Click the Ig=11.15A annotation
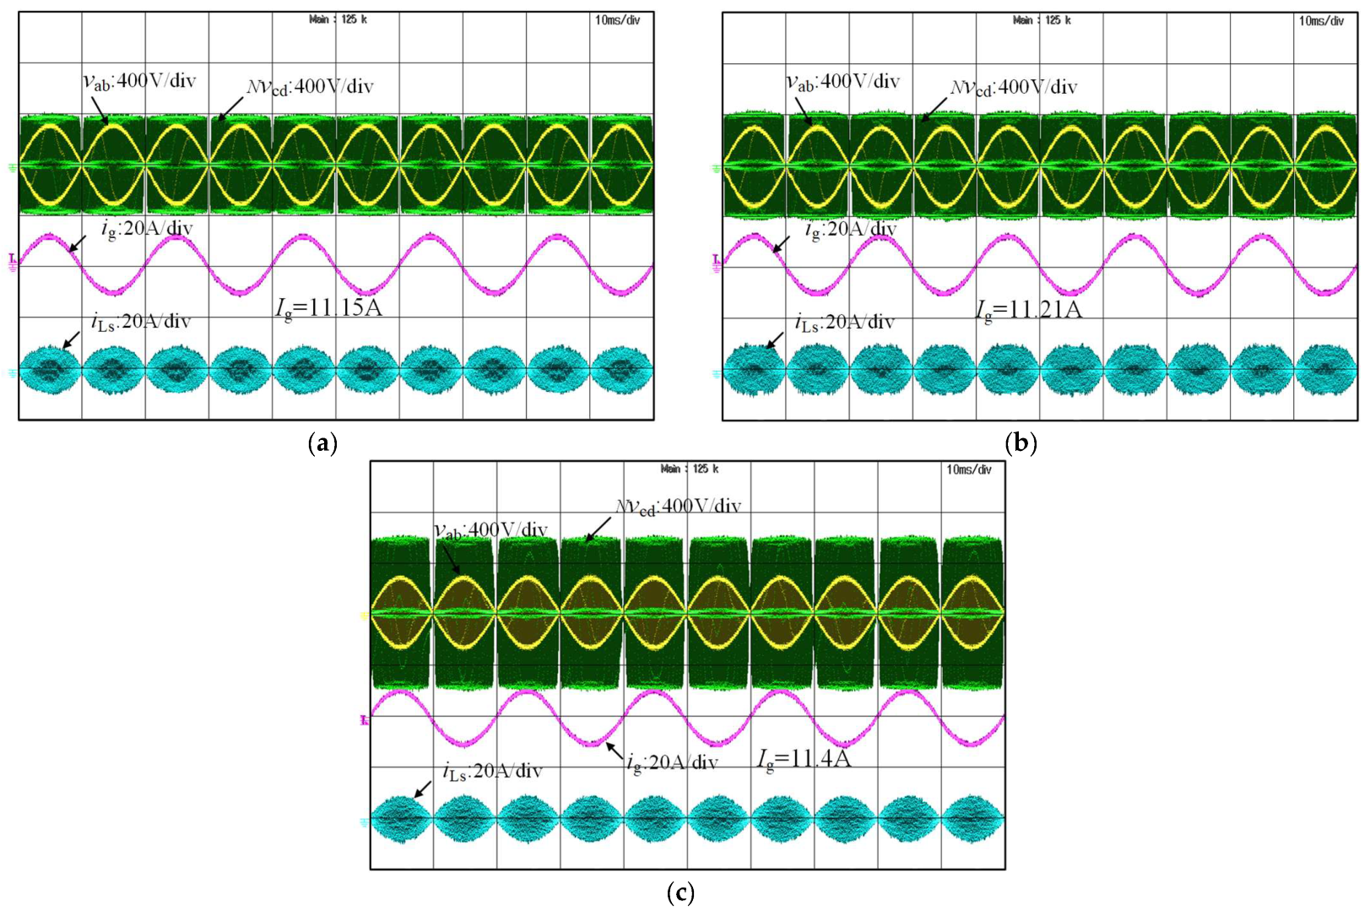tap(328, 307)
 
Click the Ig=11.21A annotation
tap(1028, 310)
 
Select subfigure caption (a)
tap(323, 442)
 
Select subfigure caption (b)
tap(1021, 442)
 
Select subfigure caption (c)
tap(680, 893)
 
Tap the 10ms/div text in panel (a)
tap(617, 20)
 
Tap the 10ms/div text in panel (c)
tap(968, 470)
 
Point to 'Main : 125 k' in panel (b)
tap(1042, 20)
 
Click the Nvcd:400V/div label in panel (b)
tap(1014, 87)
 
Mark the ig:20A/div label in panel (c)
tap(672, 762)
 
